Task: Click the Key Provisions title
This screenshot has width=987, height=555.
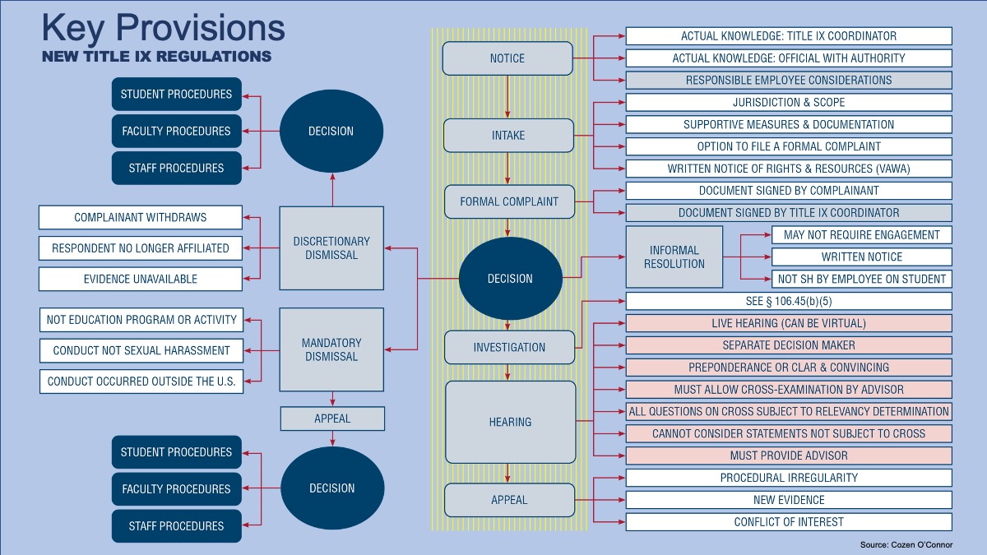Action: pos(163,28)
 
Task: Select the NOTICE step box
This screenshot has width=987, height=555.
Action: pos(507,58)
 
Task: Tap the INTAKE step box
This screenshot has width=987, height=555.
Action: pos(507,136)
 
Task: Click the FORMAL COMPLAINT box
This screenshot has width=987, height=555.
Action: pos(509,201)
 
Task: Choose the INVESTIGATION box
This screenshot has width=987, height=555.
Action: pos(509,347)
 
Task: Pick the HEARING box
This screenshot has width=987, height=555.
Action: pos(510,422)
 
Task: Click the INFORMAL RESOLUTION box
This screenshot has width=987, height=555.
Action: pos(674,257)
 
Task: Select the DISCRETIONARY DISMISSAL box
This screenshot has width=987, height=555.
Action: pos(331,248)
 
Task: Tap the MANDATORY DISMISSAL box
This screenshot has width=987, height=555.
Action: pos(331,349)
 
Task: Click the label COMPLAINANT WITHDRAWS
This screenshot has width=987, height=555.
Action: pos(141,218)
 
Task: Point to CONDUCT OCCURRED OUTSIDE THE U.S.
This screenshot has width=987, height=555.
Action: pos(141,382)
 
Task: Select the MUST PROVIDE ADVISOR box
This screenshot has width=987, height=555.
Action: pos(789,456)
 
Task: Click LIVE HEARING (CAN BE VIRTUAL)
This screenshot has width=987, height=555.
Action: pos(789,323)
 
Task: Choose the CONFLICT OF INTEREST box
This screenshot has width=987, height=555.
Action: pos(789,522)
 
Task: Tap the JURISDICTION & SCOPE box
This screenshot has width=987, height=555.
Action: pos(789,103)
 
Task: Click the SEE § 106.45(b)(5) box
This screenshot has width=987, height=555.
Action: pos(789,301)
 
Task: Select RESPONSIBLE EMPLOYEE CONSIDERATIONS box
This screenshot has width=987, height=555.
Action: pos(789,81)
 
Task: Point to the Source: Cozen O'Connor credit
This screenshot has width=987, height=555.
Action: pos(906,544)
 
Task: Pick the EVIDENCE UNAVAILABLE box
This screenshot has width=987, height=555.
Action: pos(141,279)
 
